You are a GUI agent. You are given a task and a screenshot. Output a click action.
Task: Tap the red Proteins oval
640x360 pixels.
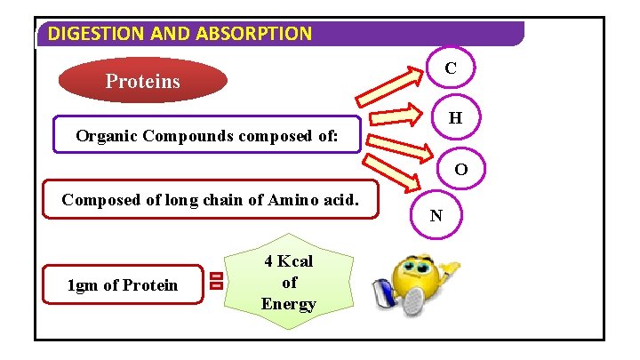tap(142, 81)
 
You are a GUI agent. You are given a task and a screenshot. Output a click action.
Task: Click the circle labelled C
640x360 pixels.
tap(451, 68)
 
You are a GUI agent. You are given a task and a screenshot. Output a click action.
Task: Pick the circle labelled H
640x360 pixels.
tap(455, 117)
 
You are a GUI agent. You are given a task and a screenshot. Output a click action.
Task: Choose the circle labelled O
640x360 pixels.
tap(461, 169)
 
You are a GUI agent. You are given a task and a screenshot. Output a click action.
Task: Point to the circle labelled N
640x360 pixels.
tap(436, 215)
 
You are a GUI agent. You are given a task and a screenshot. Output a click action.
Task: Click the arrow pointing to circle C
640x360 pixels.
tap(392, 89)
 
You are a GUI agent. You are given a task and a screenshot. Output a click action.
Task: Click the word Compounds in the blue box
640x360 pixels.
tap(187, 137)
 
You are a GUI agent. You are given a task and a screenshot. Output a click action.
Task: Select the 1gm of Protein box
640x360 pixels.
tap(123, 284)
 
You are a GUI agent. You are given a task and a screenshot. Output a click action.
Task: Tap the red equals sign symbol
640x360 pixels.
tap(216, 282)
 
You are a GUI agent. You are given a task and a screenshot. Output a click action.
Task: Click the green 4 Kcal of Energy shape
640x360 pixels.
tap(289, 283)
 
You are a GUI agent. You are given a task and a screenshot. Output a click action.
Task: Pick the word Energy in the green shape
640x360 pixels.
tap(289, 304)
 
